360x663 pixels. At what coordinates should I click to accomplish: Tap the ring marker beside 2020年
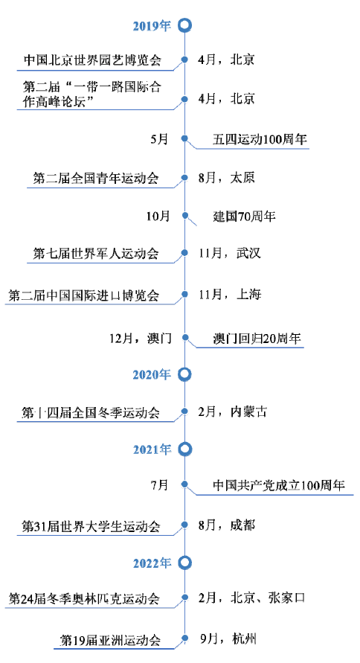[x=184, y=368]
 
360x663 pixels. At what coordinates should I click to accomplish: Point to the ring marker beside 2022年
[x=184, y=557]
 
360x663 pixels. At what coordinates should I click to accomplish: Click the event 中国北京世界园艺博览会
[x=92, y=60]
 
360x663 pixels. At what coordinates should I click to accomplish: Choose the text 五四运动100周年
[x=260, y=140]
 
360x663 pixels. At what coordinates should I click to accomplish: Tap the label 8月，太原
[x=226, y=178]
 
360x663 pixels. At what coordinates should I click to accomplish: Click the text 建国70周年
[x=244, y=217]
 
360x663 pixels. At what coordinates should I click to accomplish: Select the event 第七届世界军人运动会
[x=96, y=254]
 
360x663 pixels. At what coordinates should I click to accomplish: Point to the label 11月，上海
[x=230, y=294]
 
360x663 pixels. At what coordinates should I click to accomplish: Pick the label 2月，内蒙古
[x=233, y=411]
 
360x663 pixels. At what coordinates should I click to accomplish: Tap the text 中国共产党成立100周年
[x=279, y=485]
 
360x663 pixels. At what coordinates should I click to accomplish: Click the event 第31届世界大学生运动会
[x=91, y=526]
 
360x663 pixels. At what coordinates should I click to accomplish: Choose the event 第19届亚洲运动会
[x=111, y=640]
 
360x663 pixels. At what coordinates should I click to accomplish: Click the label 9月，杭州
[x=228, y=638]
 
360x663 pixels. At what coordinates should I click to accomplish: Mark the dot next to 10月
[x=184, y=216]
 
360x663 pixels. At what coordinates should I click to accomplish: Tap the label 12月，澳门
[x=141, y=339]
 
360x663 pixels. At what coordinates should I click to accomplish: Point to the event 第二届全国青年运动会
[x=96, y=178]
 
